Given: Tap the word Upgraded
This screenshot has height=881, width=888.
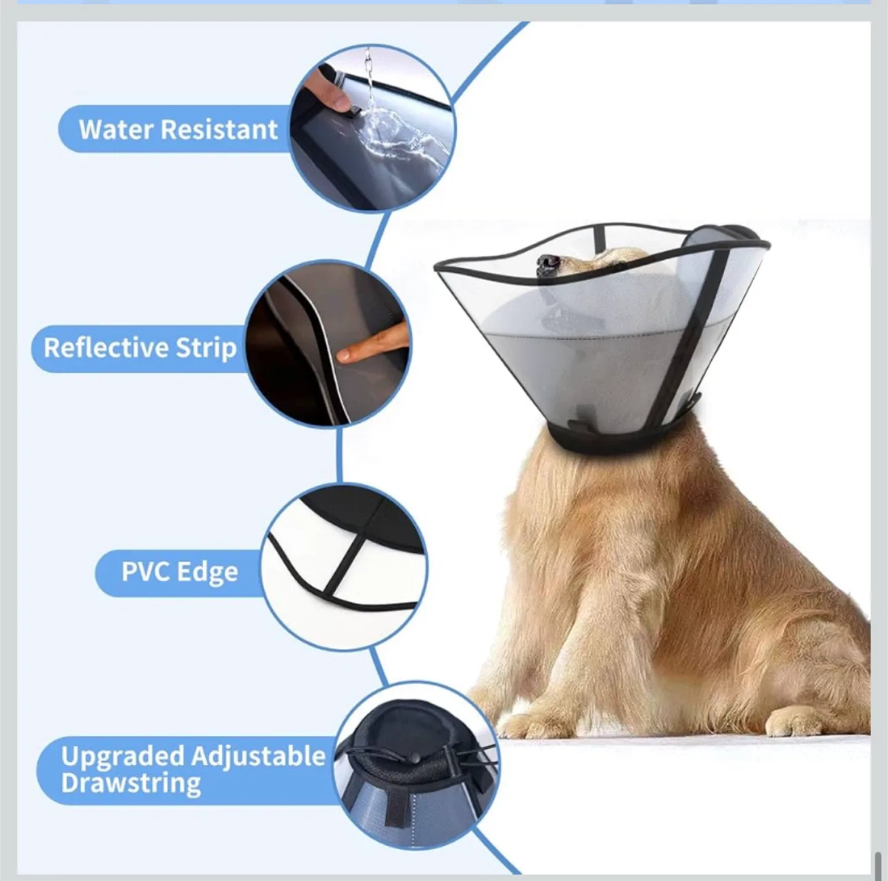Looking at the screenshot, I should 123,756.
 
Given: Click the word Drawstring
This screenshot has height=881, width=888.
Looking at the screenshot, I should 131,784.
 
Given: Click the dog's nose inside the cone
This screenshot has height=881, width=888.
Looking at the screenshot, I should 546,264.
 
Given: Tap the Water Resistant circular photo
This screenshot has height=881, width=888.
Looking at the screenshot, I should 372,128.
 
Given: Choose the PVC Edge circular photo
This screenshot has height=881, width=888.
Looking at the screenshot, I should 344,567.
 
